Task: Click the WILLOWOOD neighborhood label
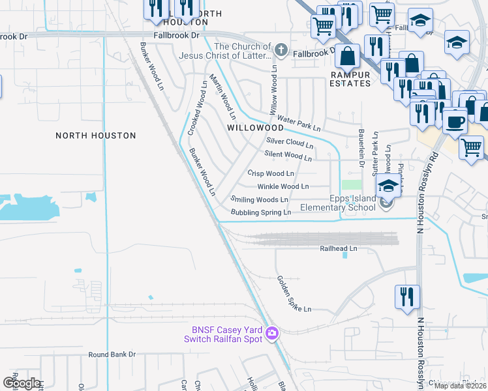click(x=255, y=128)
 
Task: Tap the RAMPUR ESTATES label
click(x=350, y=80)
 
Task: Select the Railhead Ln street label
click(x=339, y=249)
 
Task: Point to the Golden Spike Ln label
click(x=294, y=293)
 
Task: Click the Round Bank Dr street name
click(x=112, y=355)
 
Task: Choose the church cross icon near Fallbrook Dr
click(x=281, y=50)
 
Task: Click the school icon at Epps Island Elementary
click(x=388, y=186)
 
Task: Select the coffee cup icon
click(x=455, y=121)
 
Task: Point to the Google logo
click(x=22, y=383)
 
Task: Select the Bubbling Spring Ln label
click(x=261, y=212)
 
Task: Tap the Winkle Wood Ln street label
click(x=283, y=186)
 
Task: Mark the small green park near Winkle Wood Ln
click(x=351, y=184)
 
